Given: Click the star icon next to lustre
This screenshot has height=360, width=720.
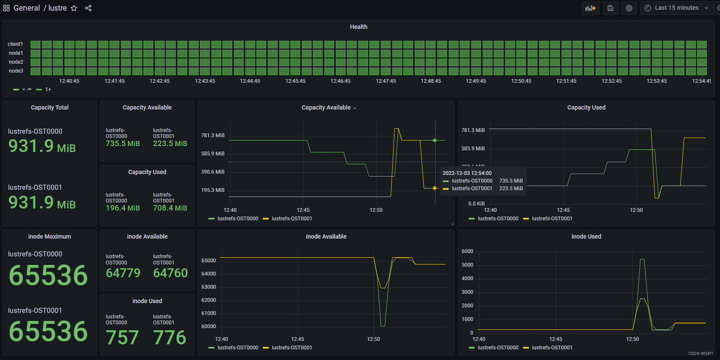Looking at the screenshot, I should [x=74, y=8].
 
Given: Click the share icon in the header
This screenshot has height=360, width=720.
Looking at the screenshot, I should [x=88, y=8].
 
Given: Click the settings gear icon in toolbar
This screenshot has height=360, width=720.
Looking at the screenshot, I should [x=629, y=8].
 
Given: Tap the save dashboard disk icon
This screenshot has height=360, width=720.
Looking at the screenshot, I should [x=610, y=8].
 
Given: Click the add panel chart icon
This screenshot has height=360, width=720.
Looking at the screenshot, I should [x=590, y=8].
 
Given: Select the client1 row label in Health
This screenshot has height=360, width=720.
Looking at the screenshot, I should [x=15, y=44].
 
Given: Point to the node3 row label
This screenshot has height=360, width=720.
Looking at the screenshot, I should [x=16, y=71].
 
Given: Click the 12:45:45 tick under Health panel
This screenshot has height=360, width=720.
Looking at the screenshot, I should [x=295, y=81].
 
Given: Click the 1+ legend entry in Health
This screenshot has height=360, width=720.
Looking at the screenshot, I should [x=48, y=90].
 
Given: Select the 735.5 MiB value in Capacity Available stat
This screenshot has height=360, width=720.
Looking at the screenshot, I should [x=123, y=143].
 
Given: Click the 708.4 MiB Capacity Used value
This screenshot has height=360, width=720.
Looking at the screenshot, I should [x=170, y=208].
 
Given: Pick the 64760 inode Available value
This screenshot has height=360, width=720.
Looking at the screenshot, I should [x=170, y=273].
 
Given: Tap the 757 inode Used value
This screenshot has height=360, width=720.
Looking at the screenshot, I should [x=122, y=337].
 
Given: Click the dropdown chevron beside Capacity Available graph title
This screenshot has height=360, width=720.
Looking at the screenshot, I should [x=355, y=108].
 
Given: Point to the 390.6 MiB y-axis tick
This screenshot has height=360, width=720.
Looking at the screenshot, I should [x=213, y=172].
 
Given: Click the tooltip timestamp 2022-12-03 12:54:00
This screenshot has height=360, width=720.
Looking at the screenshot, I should [x=467, y=173].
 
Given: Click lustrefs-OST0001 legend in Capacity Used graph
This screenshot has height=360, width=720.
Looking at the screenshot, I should [x=552, y=219].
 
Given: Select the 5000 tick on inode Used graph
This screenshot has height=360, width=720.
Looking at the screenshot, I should [x=467, y=265].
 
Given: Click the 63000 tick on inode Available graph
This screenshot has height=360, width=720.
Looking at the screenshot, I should [x=208, y=287].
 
